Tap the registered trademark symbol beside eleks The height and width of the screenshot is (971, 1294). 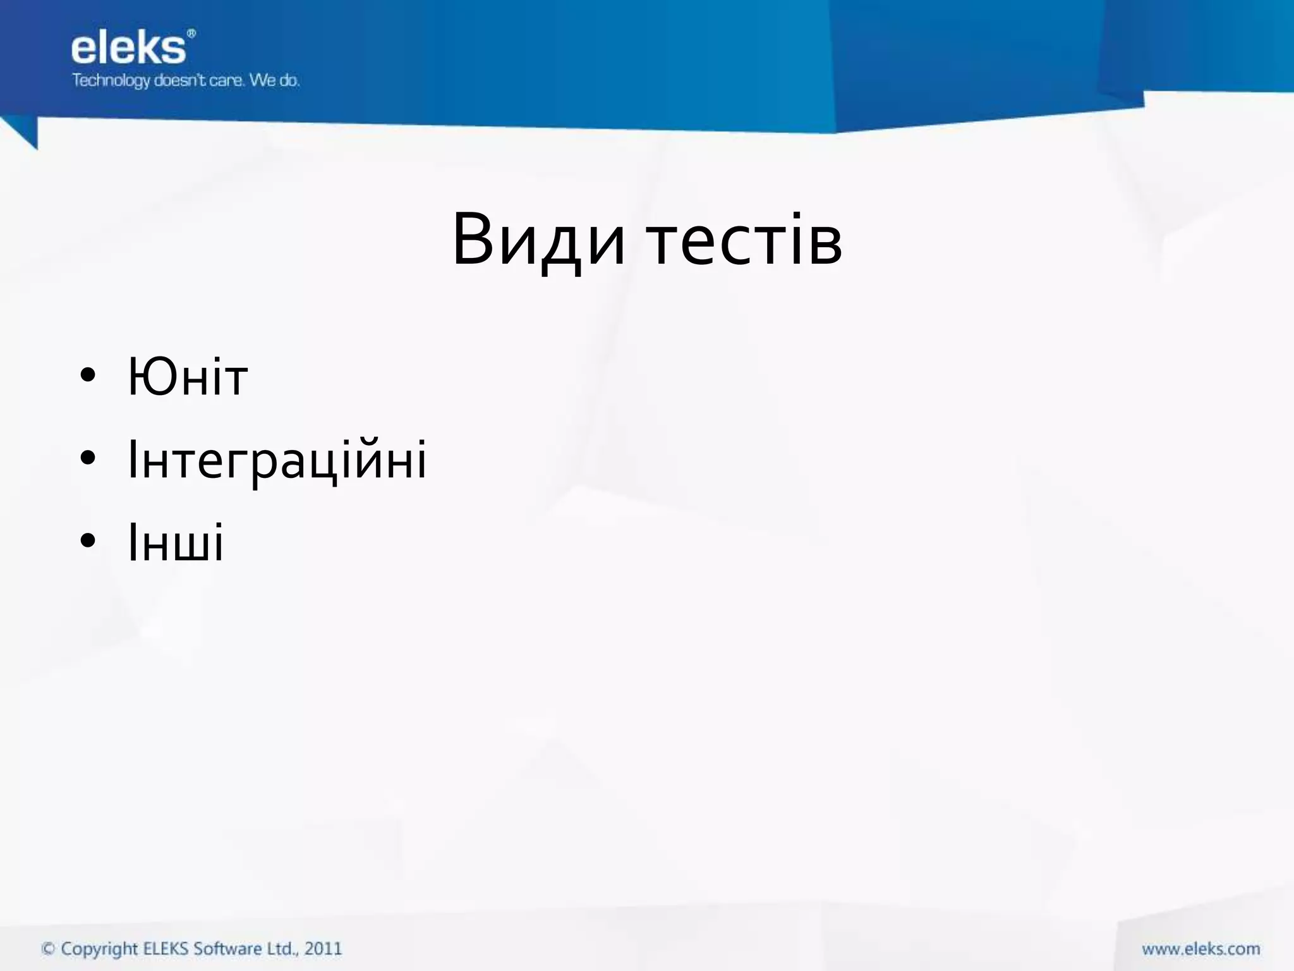tap(191, 33)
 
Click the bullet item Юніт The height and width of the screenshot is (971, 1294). tap(188, 377)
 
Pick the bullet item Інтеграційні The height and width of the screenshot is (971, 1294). tap(277, 460)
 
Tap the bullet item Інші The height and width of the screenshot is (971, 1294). tap(176, 542)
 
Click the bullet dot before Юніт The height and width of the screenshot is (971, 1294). tap(88, 375)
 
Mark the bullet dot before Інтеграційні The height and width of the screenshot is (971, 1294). tap(88, 458)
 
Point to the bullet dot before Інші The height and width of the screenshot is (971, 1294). tap(88, 540)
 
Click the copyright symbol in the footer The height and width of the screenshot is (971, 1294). tap(48, 949)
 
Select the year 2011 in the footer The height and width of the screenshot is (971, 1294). tap(323, 949)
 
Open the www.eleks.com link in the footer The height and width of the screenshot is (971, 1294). tap(1200, 949)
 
